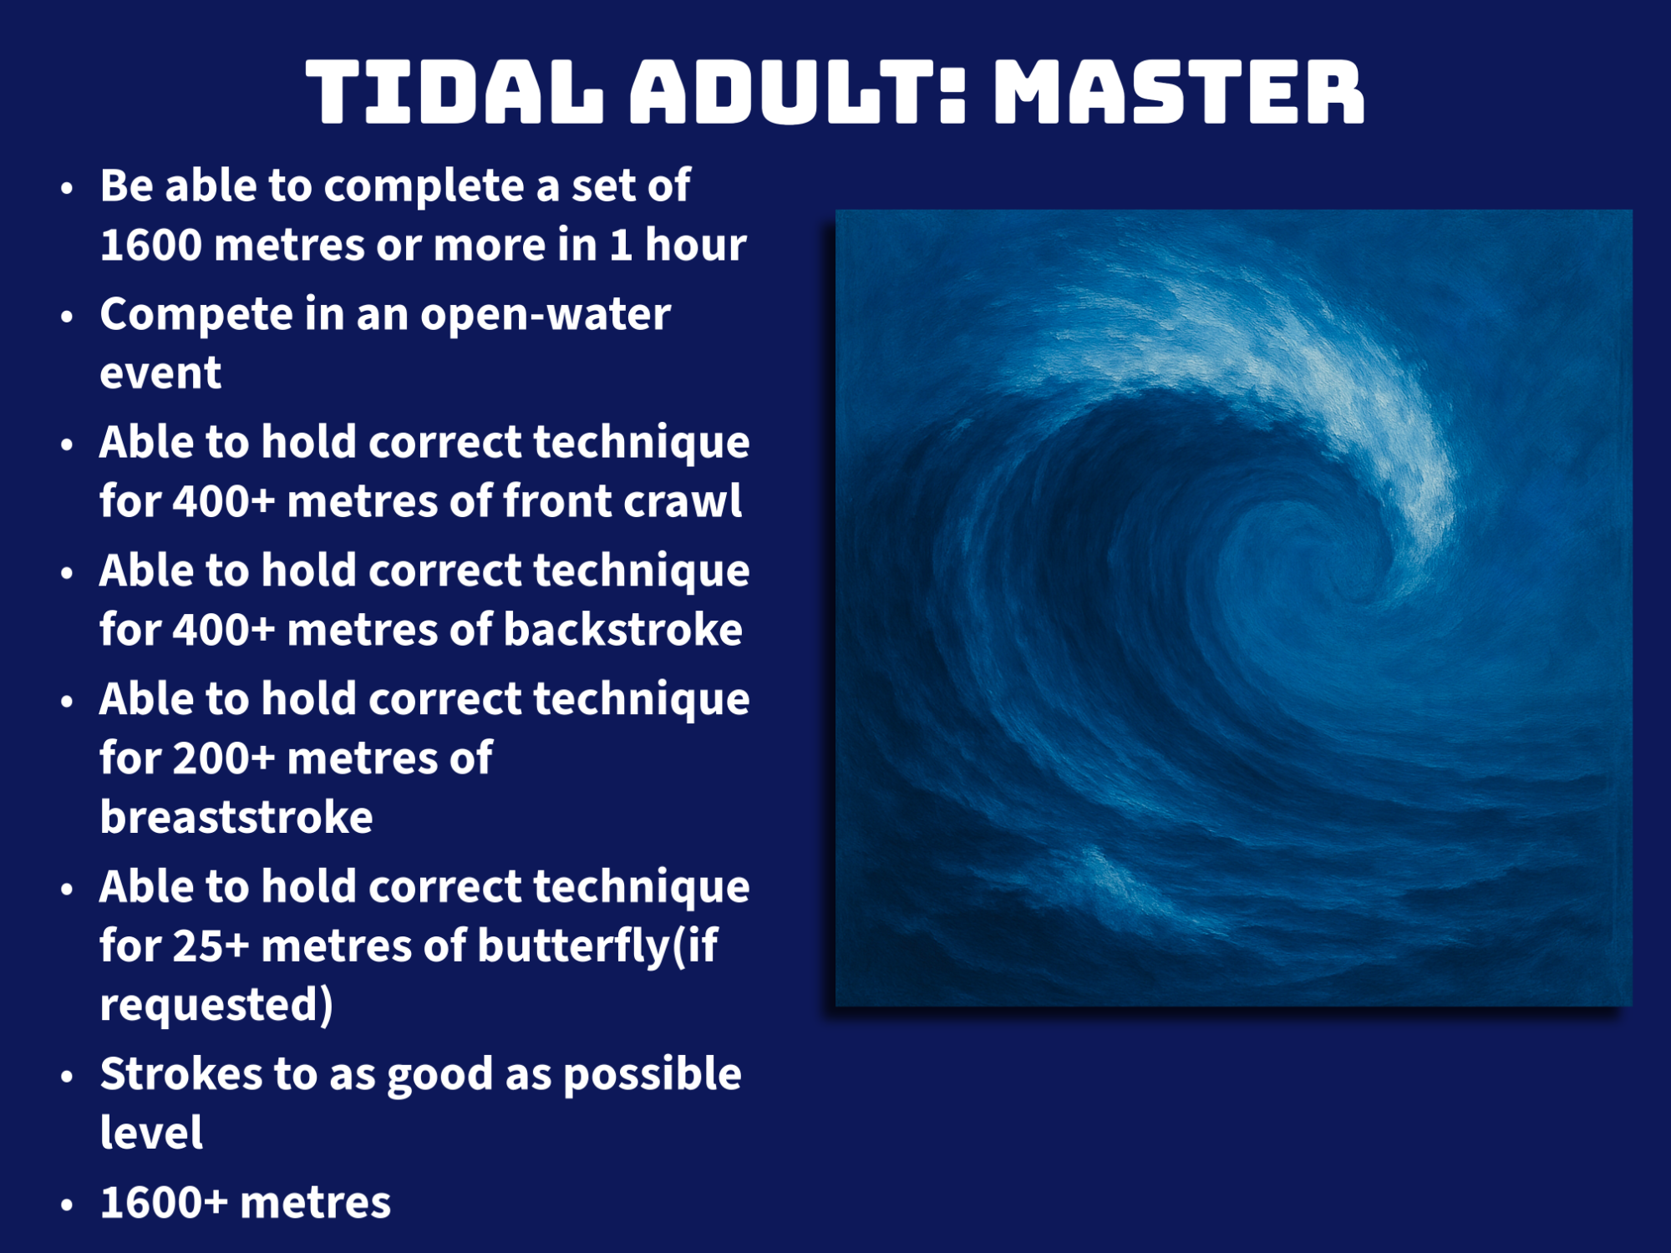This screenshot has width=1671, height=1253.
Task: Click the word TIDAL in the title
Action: pos(455,92)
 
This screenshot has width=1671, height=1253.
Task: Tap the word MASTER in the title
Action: pos(1179,92)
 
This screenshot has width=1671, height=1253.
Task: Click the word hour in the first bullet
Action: pos(695,245)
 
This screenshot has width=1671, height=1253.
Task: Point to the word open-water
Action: pos(546,315)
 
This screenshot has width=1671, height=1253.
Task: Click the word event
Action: pos(160,373)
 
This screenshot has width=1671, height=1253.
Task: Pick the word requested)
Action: pos(216,1005)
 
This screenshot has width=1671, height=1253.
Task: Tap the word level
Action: pos(151,1133)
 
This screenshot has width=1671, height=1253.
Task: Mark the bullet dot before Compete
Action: pos(67,317)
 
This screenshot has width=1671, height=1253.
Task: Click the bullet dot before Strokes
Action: pos(67,1077)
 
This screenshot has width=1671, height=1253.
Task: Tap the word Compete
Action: pos(196,316)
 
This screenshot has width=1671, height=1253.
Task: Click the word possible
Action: pos(653,1075)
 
